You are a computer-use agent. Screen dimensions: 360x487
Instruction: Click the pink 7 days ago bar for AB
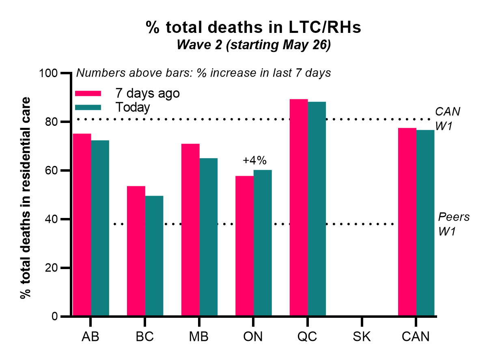(82, 225)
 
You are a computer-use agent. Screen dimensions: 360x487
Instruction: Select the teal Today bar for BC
(154, 256)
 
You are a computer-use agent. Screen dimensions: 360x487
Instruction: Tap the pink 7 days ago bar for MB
(190, 230)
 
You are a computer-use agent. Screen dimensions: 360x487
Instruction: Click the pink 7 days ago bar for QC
(299, 207)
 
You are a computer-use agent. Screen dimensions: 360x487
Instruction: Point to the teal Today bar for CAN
(425, 223)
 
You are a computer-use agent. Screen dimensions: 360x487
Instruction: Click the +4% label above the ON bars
(254, 160)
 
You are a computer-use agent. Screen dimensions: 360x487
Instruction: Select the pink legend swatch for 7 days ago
(88, 93)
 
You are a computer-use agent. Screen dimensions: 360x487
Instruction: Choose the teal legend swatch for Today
(88, 107)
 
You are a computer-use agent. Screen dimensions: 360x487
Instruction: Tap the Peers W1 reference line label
(454, 224)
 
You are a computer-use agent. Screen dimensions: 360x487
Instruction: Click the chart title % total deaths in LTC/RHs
(254, 28)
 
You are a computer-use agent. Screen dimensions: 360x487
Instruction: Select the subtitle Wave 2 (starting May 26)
(254, 45)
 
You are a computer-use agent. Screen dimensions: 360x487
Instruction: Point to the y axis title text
(26, 198)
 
